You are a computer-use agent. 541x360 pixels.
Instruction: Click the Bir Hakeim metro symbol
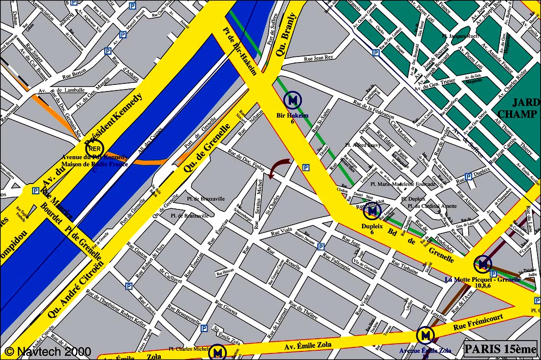(293, 100)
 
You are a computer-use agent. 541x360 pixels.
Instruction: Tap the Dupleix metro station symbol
(372, 210)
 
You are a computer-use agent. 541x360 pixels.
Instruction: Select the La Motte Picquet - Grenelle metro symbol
(482, 264)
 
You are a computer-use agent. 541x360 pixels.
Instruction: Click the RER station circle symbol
(94, 149)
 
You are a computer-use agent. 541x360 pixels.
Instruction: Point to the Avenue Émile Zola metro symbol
(425, 335)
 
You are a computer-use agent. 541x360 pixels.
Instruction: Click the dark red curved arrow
(279, 168)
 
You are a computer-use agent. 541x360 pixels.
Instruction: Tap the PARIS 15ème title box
(500, 349)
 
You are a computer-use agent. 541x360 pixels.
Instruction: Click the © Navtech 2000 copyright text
(48, 351)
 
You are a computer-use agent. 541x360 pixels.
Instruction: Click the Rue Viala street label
(281, 231)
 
